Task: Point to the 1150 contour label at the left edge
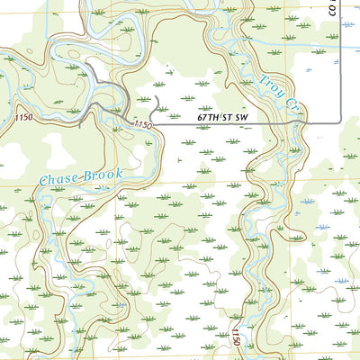pos(26,119)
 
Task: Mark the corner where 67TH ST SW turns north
pos(339,121)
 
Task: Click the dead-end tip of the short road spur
pos(157,95)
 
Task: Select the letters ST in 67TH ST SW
pos(222,117)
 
